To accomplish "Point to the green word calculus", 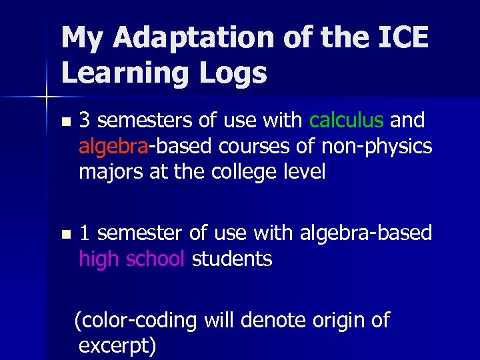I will (x=346, y=120).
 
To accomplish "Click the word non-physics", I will (x=375, y=146).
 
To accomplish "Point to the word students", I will (x=232, y=259).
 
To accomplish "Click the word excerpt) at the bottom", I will (x=117, y=347).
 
